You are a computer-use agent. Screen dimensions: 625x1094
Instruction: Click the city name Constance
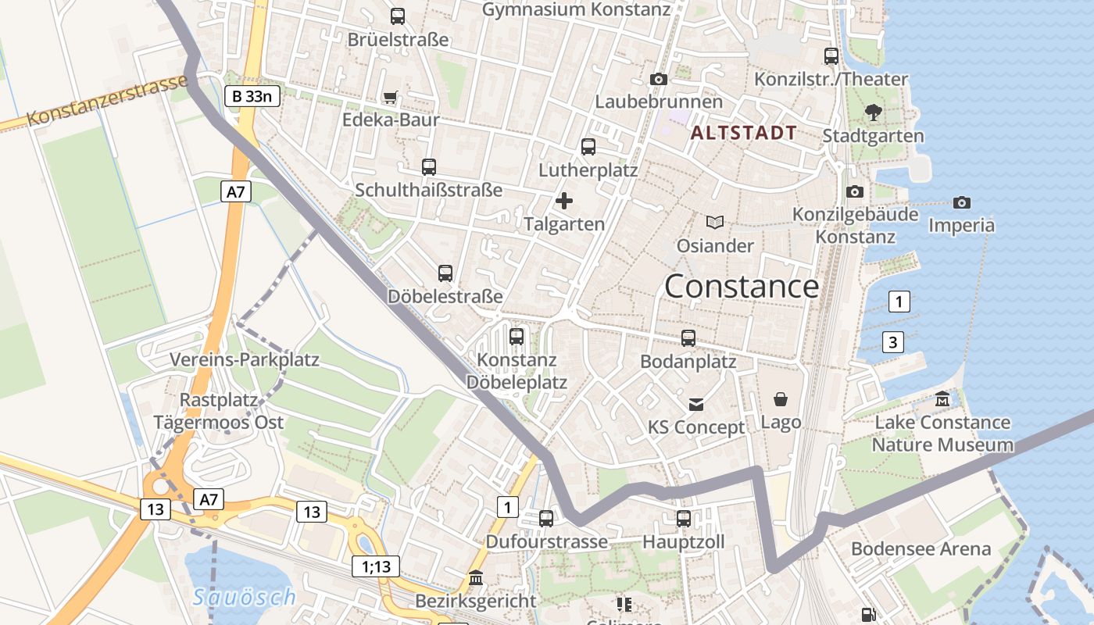742,287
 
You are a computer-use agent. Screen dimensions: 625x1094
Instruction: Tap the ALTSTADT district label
744,133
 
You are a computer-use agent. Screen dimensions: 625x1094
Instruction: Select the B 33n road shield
252,97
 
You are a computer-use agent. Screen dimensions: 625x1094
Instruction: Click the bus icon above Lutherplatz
588,146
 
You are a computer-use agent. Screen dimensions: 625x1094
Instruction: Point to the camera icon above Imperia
962,202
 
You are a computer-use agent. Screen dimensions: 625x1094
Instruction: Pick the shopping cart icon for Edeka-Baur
390,98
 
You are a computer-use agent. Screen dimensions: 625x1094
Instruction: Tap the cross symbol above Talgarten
563,201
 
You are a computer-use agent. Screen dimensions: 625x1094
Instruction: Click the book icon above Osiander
715,222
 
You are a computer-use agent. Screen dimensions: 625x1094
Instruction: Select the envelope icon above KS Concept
696,404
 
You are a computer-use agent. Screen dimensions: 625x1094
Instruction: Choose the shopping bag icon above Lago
781,399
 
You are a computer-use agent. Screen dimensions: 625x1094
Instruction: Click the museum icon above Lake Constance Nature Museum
942,398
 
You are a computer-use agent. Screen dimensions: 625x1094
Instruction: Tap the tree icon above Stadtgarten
874,112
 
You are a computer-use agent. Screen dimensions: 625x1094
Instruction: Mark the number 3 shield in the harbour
893,341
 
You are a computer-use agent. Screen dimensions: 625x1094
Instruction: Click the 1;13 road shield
376,566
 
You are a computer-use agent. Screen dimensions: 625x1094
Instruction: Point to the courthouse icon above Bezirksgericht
476,578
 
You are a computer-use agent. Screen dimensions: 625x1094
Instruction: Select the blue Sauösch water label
245,598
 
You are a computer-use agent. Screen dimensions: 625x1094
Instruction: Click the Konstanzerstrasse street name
107,100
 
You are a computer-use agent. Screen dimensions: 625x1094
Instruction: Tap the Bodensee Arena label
921,548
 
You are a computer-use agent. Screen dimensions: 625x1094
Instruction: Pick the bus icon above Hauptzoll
684,518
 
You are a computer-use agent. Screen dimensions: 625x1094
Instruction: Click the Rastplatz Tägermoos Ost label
219,411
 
